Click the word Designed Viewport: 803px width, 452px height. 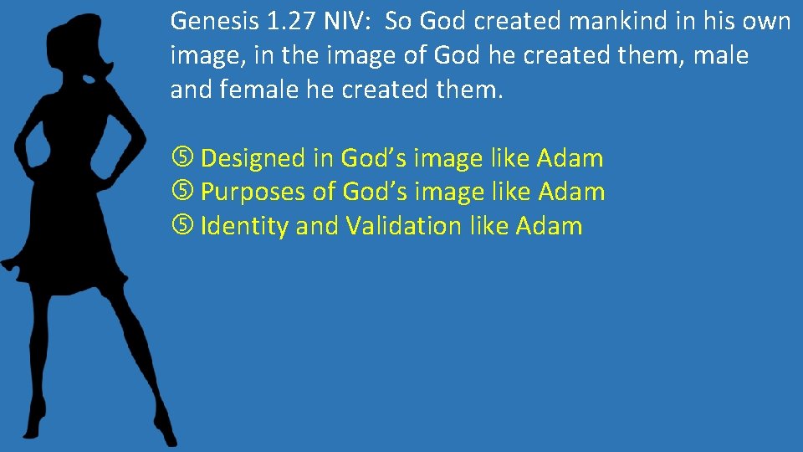253,158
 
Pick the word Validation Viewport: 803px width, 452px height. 403,226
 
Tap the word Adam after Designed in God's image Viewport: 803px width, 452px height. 570,158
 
